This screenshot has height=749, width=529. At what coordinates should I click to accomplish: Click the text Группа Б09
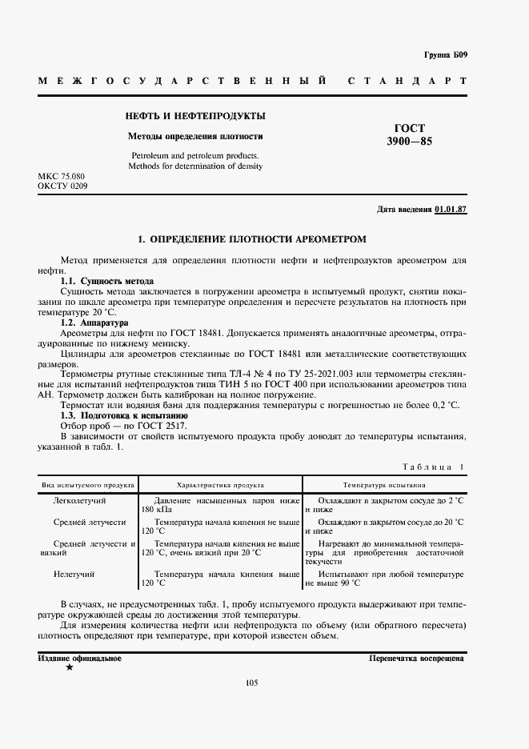[x=445, y=55]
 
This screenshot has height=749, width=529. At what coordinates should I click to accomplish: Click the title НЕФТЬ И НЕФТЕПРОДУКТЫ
[x=195, y=116]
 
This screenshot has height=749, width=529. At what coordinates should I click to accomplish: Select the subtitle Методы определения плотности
[x=195, y=136]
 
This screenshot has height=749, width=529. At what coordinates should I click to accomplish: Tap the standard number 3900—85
[x=410, y=142]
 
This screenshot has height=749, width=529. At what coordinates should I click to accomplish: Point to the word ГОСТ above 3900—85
[x=410, y=128]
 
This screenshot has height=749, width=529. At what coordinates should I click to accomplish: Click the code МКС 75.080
[x=61, y=175]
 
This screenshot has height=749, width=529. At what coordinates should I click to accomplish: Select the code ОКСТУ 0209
[x=62, y=186]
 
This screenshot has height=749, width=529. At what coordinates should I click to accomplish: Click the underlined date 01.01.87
[x=451, y=210]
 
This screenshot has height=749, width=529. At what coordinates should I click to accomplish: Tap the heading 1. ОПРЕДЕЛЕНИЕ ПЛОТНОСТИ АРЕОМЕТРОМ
[x=252, y=239]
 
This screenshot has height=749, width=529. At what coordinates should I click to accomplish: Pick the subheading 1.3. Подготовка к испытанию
[x=124, y=416]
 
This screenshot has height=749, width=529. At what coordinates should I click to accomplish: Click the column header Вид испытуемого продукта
[x=87, y=485]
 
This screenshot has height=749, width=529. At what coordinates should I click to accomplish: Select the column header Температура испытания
[x=384, y=485]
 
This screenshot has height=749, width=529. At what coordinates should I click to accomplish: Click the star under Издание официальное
[x=69, y=667]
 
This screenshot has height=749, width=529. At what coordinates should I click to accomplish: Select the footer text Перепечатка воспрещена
[x=416, y=658]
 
